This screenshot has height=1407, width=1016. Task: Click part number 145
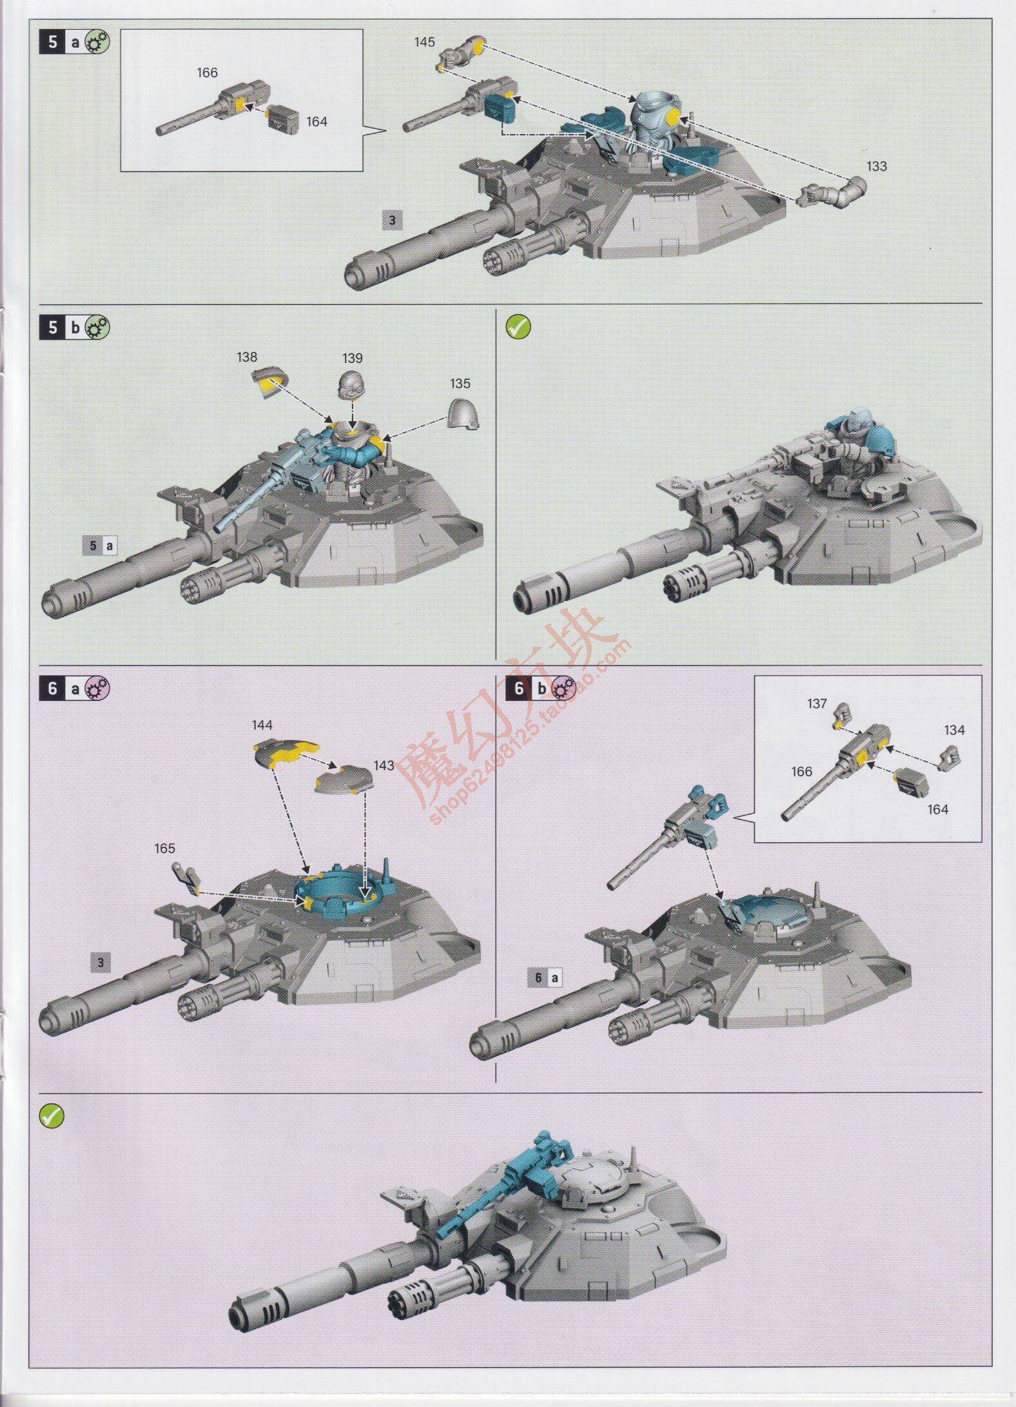pos(424,42)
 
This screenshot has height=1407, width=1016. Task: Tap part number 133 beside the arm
pos(876,166)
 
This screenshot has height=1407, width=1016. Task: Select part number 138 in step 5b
pos(247,357)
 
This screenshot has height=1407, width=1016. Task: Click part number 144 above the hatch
pos(262,725)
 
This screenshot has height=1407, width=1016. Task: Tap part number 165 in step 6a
pos(164,849)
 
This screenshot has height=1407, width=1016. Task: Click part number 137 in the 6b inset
pos(817,703)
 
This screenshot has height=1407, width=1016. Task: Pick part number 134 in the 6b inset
pos(954,730)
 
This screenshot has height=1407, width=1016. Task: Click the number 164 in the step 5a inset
pos(317,122)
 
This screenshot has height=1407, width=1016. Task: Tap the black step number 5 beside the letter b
pos(53,328)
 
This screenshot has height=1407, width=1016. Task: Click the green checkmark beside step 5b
pos(518,327)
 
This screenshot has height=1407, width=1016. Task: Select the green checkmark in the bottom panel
pos(51,1116)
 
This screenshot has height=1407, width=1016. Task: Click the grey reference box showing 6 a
pos(546,978)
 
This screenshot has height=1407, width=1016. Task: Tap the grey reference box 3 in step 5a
pos(393,221)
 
